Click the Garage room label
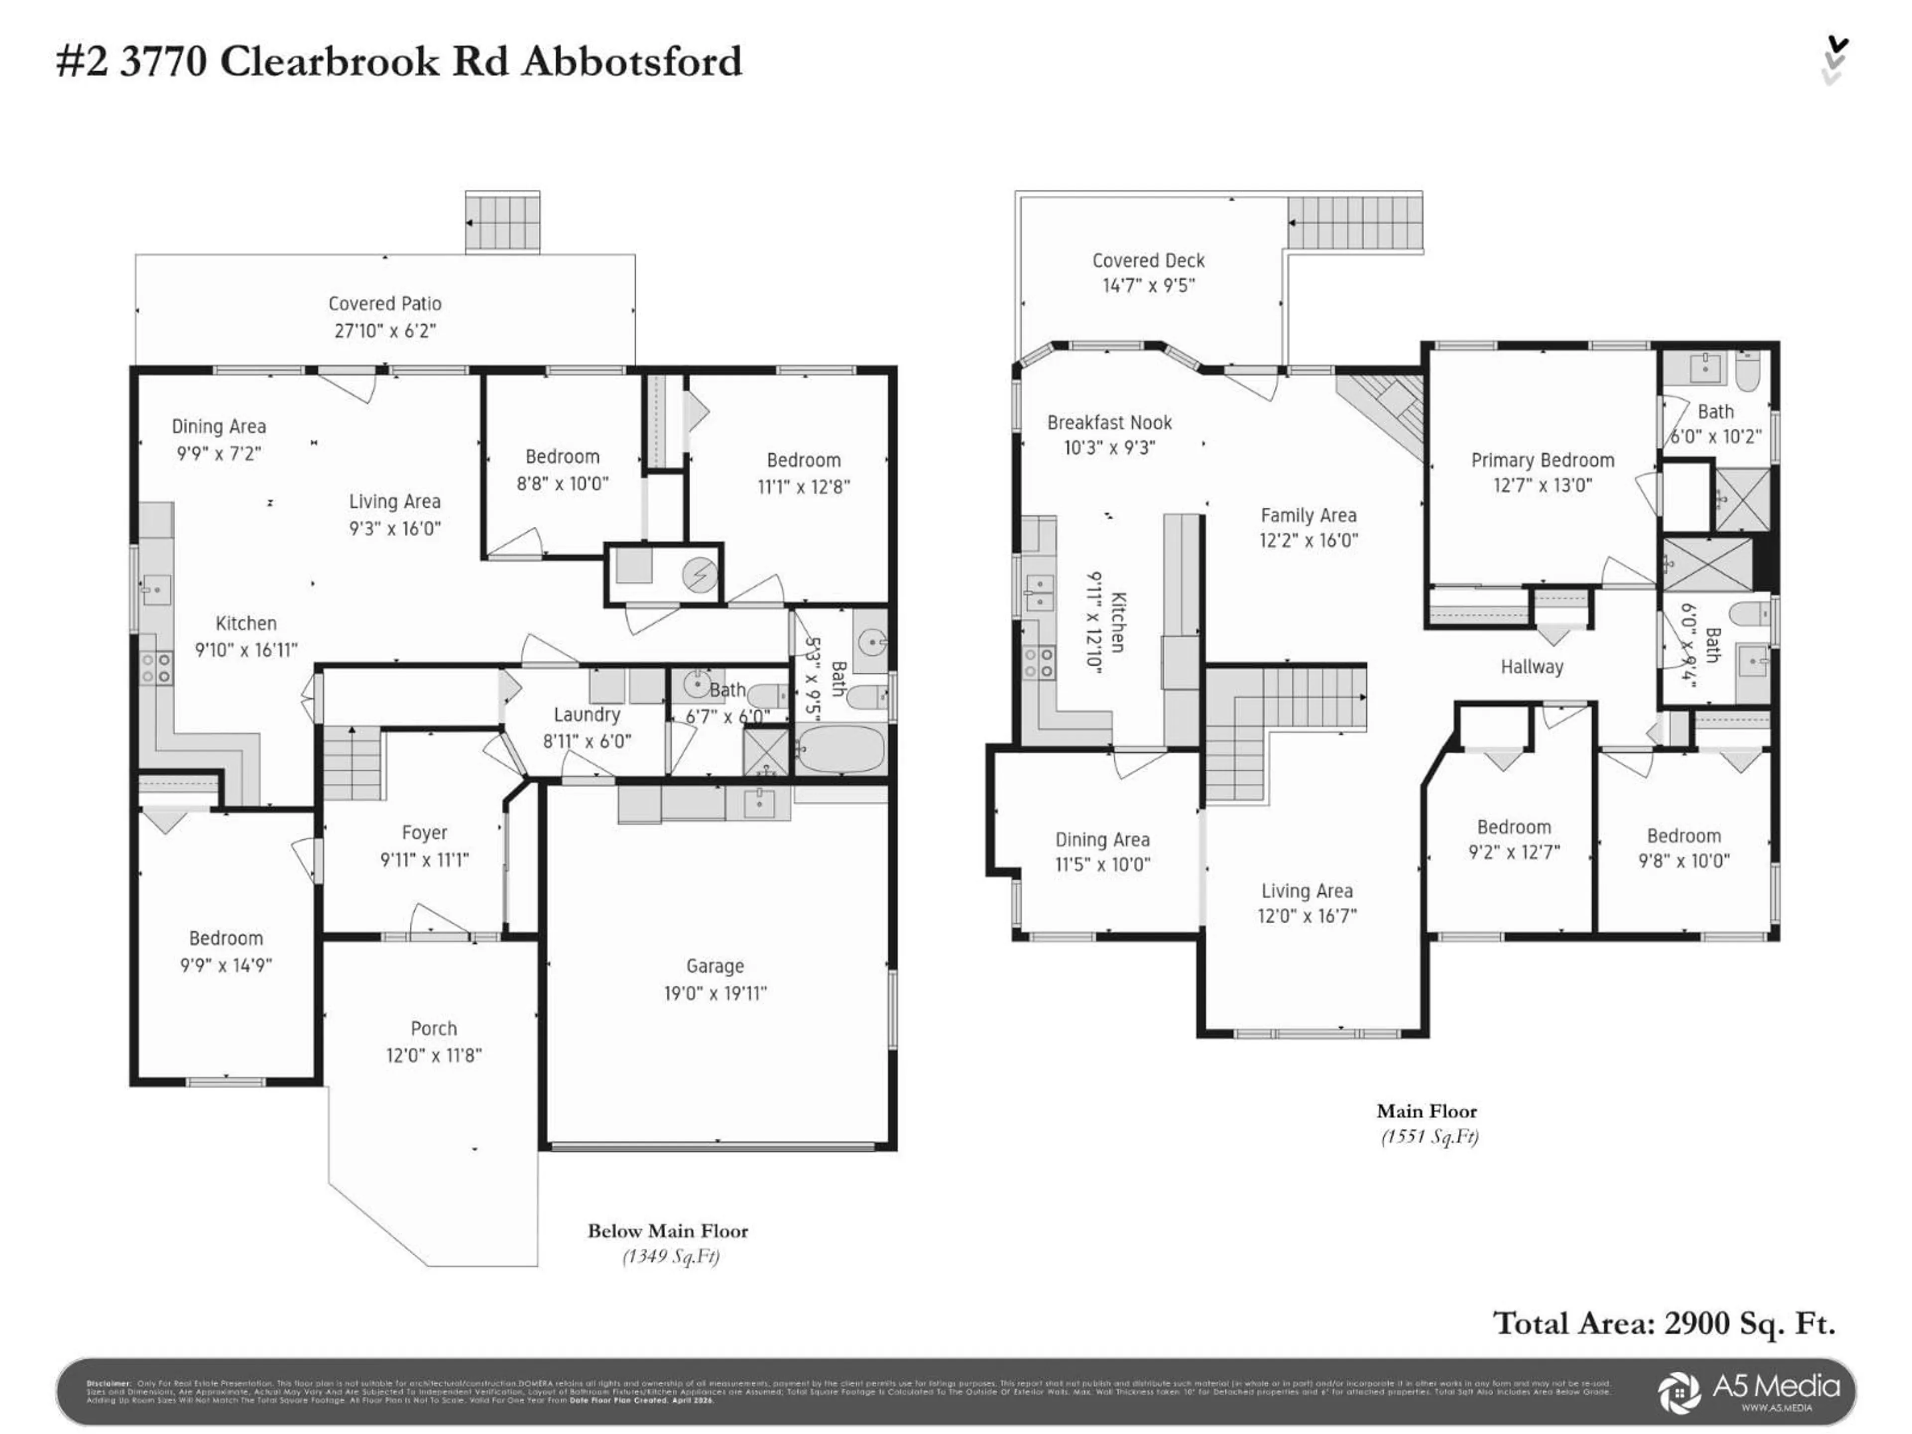pyautogui.click(x=715, y=965)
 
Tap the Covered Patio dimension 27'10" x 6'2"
pyautogui.click(x=385, y=330)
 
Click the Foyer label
pyautogui.click(x=424, y=833)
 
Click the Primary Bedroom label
pyautogui.click(x=1542, y=460)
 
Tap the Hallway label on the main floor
pyautogui.click(x=1532, y=666)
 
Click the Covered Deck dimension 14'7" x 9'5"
pyautogui.click(x=1148, y=285)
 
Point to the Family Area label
pyautogui.click(x=1308, y=515)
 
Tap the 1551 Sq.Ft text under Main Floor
pyautogui.click(x=1429, y=1137)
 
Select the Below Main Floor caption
pyautogui.click(x=667, y=1231)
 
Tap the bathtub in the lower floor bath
pyautogui.click(x=839, y=748)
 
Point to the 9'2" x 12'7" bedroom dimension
pyautogui.click(x=1514, y=852)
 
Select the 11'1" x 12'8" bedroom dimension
pyautogui.click(x=803, y=486)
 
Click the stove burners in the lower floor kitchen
pyautogui.click(x=156, y=668)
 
